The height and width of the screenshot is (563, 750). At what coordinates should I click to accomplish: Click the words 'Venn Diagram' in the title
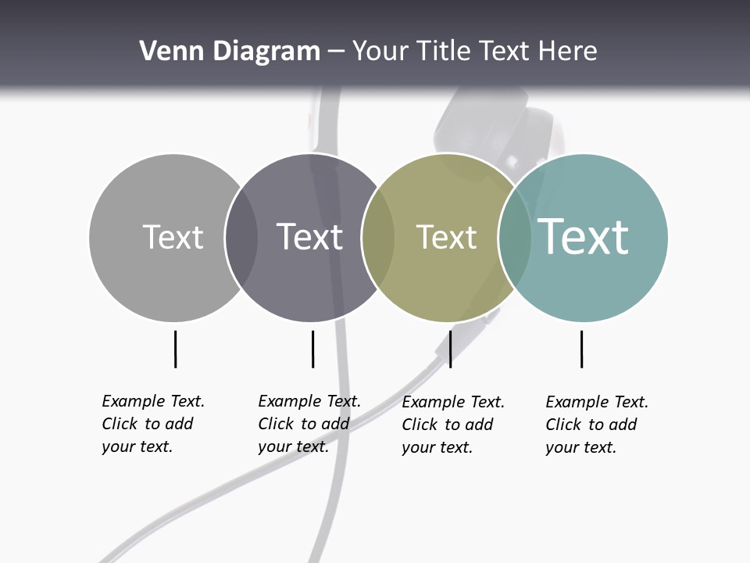pyautogui.click(x=230, y=52)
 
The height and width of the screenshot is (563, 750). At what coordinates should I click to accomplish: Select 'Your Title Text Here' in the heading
pyautogui.click(x=474, y=52)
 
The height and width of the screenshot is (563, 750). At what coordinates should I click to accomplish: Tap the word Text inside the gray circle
pyautogui.click(x=173, y=237)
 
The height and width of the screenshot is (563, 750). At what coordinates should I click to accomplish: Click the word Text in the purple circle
pyautogui.click(x=310, y=237)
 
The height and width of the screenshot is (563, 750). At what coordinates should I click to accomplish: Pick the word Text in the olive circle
pyautogui.click(x=446, y=237)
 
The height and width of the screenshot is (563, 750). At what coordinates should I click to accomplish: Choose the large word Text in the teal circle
pyautogui.click(x=584, y=236)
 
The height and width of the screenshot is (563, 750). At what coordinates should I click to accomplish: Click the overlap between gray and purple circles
pyautogui.click(x=241, y=238)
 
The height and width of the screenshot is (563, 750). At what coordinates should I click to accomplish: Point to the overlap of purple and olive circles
pyautogui.click(x=378, y=238)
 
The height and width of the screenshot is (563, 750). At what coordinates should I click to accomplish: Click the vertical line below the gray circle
pyautogui.click(x=175, y=349)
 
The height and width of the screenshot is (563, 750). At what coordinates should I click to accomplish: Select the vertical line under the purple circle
pyautogui.click(x=312, y=349)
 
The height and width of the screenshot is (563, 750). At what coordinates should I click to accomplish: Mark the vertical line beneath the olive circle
pyautogui.click(x=450, y=349)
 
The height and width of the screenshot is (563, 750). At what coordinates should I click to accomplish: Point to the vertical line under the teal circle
pyautogui.click(x=581, y=349)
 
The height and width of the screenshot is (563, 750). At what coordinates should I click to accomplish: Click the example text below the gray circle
pyautogui.click(x=152, y=424)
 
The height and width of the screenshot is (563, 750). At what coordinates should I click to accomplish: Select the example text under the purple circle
pyautogui.click(x=309, y=424)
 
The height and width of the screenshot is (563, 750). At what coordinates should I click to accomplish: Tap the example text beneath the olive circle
pyautogui.click(x=452, y=425)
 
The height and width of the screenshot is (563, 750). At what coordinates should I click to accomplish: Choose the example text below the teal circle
pyautogui.click(x=596, y=425)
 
